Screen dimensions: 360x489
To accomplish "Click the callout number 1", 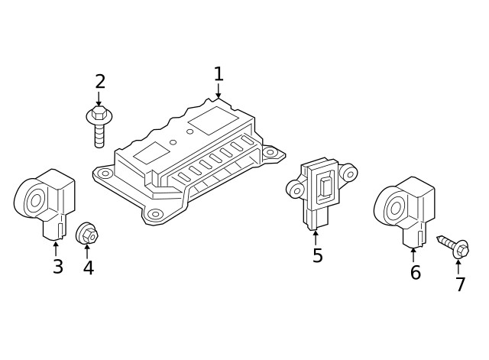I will click(x=219, y=74).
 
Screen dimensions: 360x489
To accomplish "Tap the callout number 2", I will click(x=100, y=82).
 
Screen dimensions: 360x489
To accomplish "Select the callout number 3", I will click(x=57, y=268).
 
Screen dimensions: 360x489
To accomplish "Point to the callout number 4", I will click(x=89, y=268).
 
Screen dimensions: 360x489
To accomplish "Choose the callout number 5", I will click(x=317, y=256).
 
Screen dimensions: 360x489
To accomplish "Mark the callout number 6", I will click(x=415, y=273).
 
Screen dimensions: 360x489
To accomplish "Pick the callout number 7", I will click(x=460, y=285).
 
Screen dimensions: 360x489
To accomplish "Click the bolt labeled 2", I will click(x=98, y=125).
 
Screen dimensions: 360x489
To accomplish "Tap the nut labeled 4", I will click(x=87, y=232).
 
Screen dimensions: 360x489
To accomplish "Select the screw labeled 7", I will click(x=455, y=248).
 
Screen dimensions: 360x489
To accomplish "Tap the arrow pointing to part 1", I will click(x=219, y=92).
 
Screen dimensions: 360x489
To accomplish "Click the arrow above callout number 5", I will click(x=316, y=236).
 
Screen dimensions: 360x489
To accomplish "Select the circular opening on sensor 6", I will click(x=395, y=207).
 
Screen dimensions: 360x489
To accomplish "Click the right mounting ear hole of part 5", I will click(x=349, y=174).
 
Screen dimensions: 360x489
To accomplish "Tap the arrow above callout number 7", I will click(x=458, y=265).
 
